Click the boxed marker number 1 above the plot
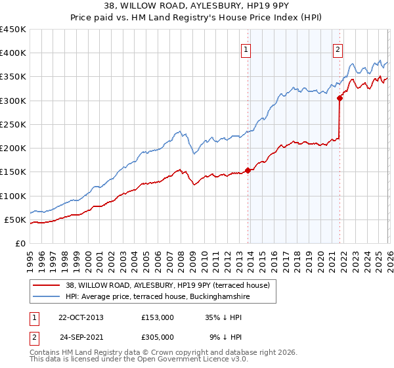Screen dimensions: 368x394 246,48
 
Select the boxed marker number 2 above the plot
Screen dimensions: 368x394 338,48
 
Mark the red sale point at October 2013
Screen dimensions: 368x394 248,170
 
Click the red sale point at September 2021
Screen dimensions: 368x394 339,98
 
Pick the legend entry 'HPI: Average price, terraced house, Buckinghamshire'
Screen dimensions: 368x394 158,297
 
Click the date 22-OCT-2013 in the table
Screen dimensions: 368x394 81,317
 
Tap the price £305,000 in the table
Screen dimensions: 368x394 158,336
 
